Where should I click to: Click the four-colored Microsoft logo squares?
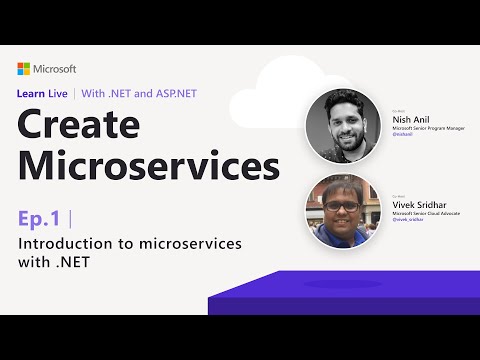[24, 69]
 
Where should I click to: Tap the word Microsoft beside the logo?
[56, 69]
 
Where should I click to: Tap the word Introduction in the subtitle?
[64, 245]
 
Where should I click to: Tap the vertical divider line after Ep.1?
[71, 218]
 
